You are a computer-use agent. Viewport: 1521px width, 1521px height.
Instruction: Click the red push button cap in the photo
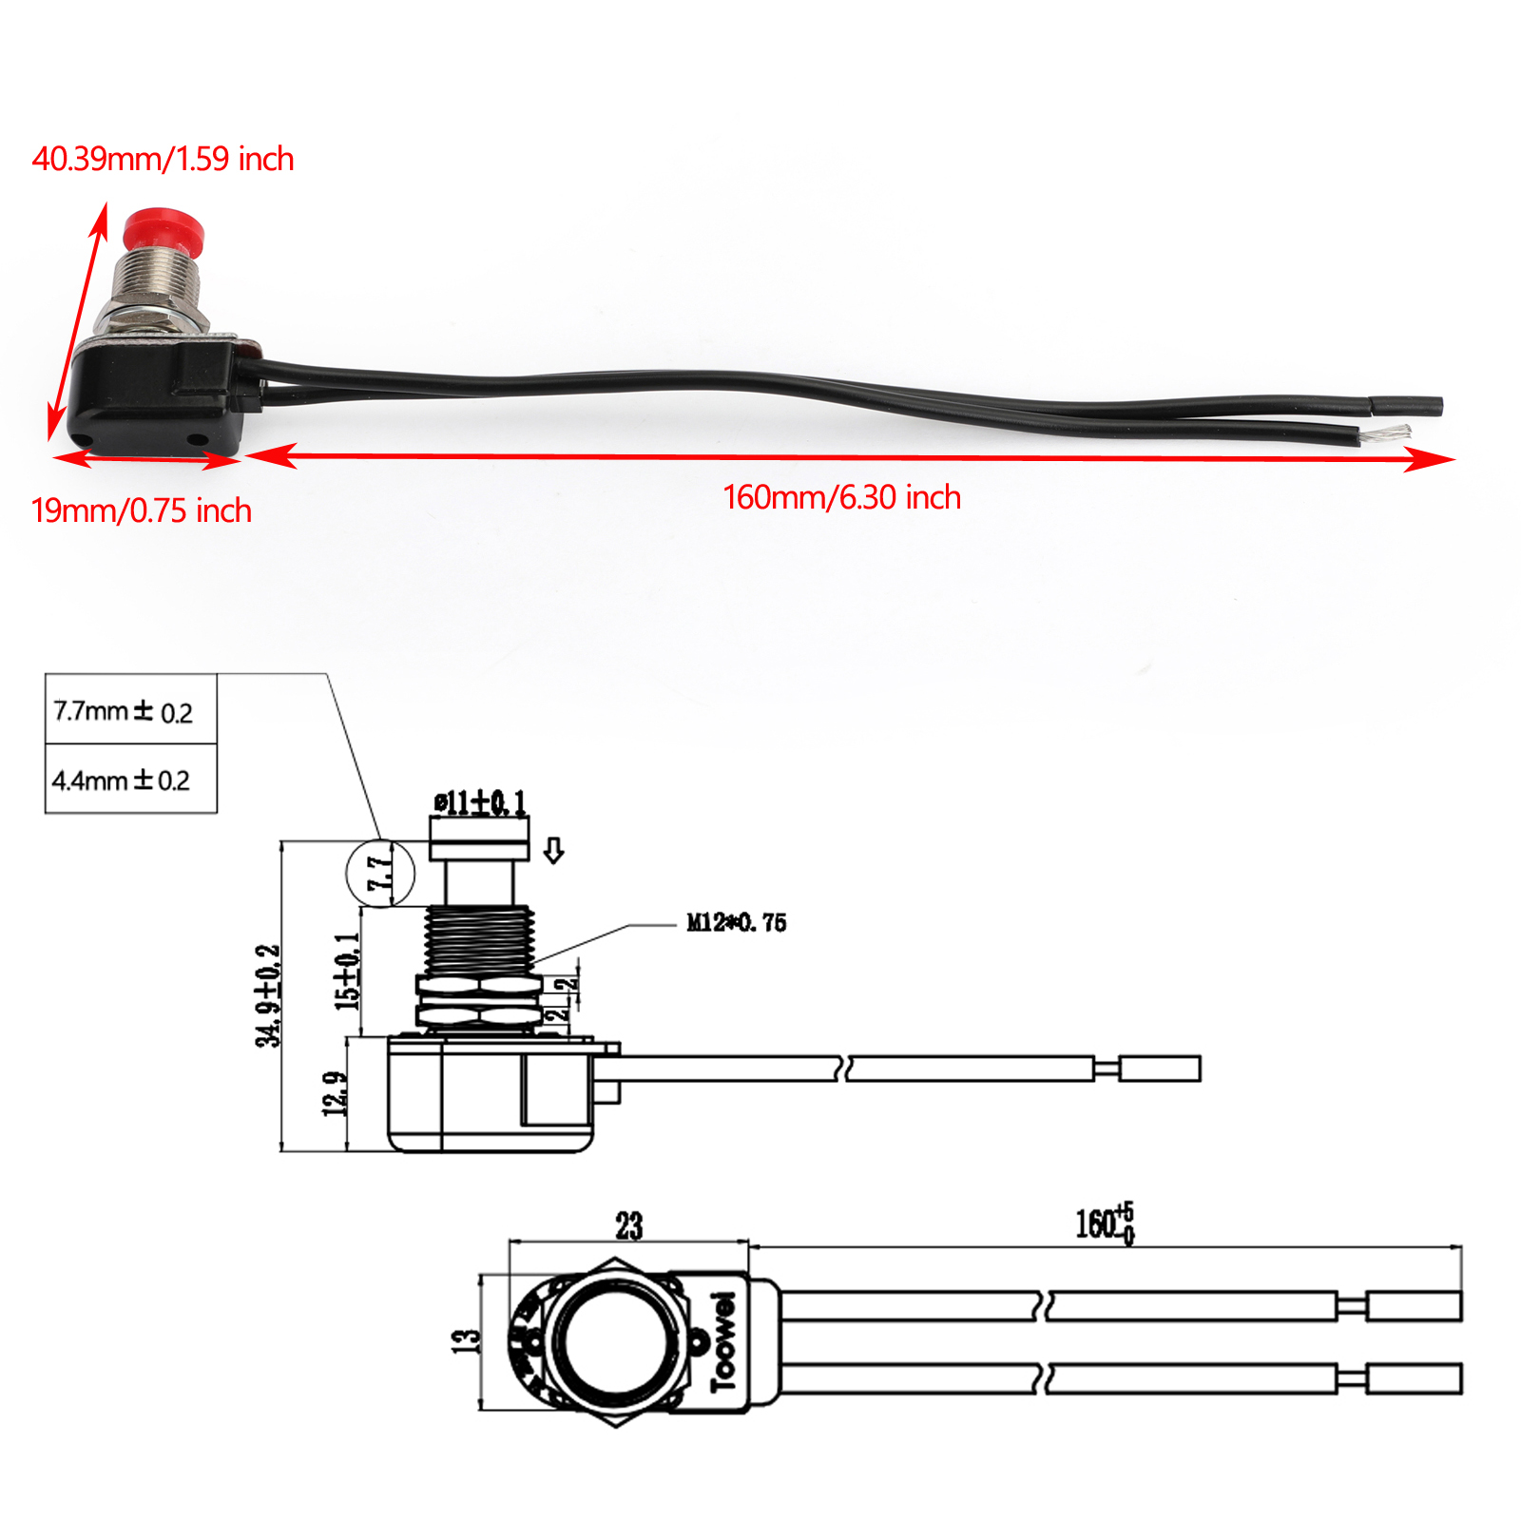[x=164, y=228]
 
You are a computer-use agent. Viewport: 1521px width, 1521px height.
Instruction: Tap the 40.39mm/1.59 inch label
[x=163, y=159]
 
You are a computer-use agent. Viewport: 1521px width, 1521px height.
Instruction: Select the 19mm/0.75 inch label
[x=141, y=510]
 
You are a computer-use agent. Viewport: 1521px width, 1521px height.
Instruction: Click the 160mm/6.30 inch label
[x=841, y=497]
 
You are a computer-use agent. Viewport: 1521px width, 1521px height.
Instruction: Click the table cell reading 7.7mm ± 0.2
[x=125, y=711]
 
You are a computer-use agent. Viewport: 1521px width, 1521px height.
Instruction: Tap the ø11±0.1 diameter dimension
[x=479, y=803]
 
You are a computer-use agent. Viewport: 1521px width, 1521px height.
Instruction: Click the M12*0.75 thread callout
[x=736, y=922]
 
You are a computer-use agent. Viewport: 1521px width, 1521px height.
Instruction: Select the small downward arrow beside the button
[x=553, y=850]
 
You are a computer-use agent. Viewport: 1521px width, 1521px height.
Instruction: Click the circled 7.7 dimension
[x=380, y=873]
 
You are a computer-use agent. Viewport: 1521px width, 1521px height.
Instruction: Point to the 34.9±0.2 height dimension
[x=269, y=995]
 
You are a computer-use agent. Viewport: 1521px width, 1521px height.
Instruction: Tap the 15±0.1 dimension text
[x=347, y=971]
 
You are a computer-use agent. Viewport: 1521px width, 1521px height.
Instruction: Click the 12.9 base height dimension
[x=335, y=1094]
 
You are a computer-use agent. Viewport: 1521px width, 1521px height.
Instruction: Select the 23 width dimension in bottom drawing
[x=628, y=1225]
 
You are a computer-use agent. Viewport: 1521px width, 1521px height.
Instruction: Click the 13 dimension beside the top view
[x=465, y=1340]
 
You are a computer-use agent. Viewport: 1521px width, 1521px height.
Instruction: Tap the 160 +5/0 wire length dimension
[x=1104, y=1223]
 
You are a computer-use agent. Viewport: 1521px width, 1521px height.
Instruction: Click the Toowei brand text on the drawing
[x=723, y=1340]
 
